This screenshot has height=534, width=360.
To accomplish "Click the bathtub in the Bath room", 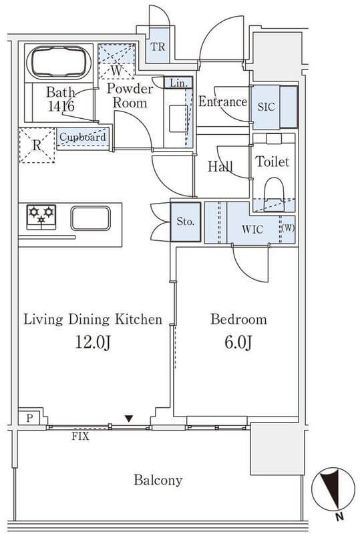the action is pos(59,63).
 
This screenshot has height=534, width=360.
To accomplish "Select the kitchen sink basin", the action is pos(91,218).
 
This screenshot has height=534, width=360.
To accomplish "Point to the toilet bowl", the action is pos(274,194).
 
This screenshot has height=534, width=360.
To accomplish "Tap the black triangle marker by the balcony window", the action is pos(128,419).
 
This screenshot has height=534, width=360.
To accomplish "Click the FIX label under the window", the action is pos(80,437).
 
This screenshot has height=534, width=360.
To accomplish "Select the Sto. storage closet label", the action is pos(186,222).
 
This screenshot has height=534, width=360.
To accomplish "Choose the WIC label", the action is pos(252,230).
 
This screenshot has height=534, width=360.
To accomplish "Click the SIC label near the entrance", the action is pos(266,107).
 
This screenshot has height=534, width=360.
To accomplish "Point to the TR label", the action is pos(158,47).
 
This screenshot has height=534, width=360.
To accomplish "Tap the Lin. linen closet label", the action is pos(178,83).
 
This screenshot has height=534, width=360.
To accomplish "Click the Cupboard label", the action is pos(83,138).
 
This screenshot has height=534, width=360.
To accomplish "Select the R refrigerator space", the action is pos(37,146).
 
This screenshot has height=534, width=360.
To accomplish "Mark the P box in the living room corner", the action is pos(29,418).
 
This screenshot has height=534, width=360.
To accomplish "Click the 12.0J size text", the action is pos(93,342).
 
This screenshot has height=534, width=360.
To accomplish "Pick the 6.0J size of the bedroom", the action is pos(238,342).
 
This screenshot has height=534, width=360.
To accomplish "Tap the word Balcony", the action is pos(158,481).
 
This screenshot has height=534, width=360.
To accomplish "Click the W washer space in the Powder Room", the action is pos(116,61).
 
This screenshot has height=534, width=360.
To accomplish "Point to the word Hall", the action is pos(220,166).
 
